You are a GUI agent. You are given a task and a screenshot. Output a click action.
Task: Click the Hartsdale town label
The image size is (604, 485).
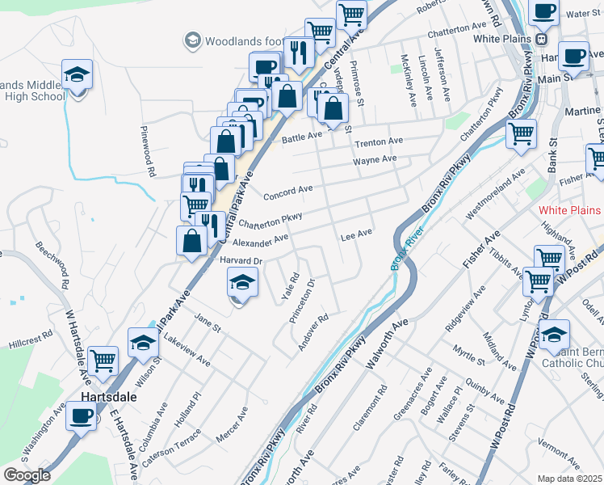[x=108, y=398]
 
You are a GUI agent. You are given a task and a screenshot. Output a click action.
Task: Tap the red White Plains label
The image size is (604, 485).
[x=570, y=210]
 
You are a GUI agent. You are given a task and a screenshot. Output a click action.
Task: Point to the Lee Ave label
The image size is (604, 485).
[x=356, y=233]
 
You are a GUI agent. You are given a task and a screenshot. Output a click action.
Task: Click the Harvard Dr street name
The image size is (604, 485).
[x=242, y=260]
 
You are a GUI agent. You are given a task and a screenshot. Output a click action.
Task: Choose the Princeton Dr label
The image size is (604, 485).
[x=301, y=302]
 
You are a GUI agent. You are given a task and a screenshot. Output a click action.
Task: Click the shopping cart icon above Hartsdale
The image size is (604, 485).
[x=103, y=361]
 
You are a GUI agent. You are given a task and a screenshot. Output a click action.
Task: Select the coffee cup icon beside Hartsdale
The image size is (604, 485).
[x=81, y=416]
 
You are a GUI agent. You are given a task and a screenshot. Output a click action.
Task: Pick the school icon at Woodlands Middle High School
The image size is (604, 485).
[x=78, y=75]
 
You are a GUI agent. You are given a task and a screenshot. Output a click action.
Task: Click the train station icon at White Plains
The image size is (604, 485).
[x=542, y=38]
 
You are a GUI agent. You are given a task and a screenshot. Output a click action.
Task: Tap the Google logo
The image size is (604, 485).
[x=27, y=475]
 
